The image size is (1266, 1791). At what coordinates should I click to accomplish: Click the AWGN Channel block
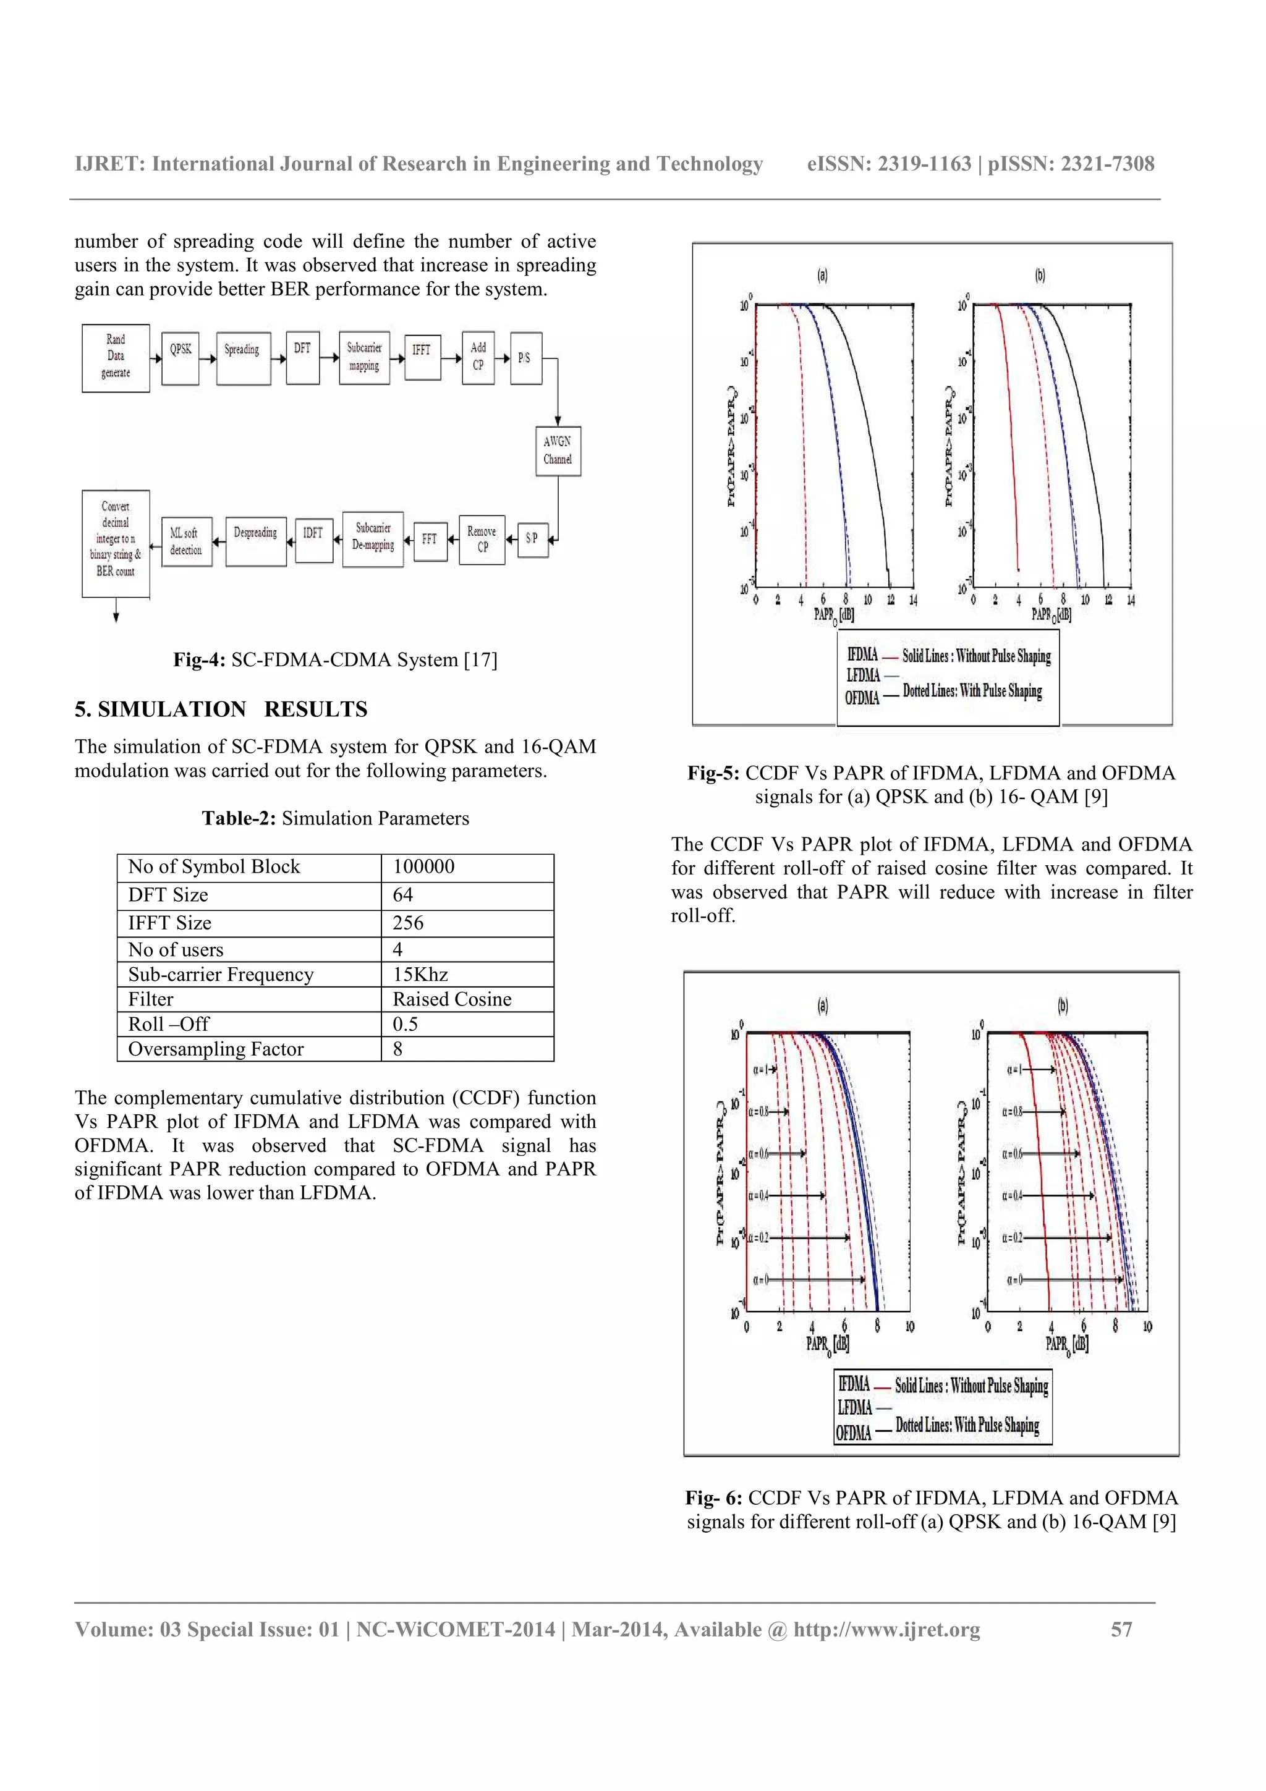pos(558,451)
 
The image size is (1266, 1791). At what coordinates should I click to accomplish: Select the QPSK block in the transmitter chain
pos(180,358)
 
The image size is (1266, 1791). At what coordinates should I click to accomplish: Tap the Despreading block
pos(255,541)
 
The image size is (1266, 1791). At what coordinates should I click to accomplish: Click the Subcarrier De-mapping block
pos(373,538)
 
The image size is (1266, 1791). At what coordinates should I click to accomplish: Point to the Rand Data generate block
pos(116,357)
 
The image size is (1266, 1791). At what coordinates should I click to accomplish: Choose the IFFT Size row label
pos(170,923)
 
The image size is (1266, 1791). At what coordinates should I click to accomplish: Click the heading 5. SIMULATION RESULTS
pos(221,709)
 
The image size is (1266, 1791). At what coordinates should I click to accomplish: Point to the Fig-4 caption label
pos(199,660)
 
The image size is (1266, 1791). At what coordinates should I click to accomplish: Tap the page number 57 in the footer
pos(1121,1630)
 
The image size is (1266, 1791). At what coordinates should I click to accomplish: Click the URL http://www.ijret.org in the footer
pos(887,1630)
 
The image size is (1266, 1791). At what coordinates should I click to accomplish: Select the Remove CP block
pos(482,539)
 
